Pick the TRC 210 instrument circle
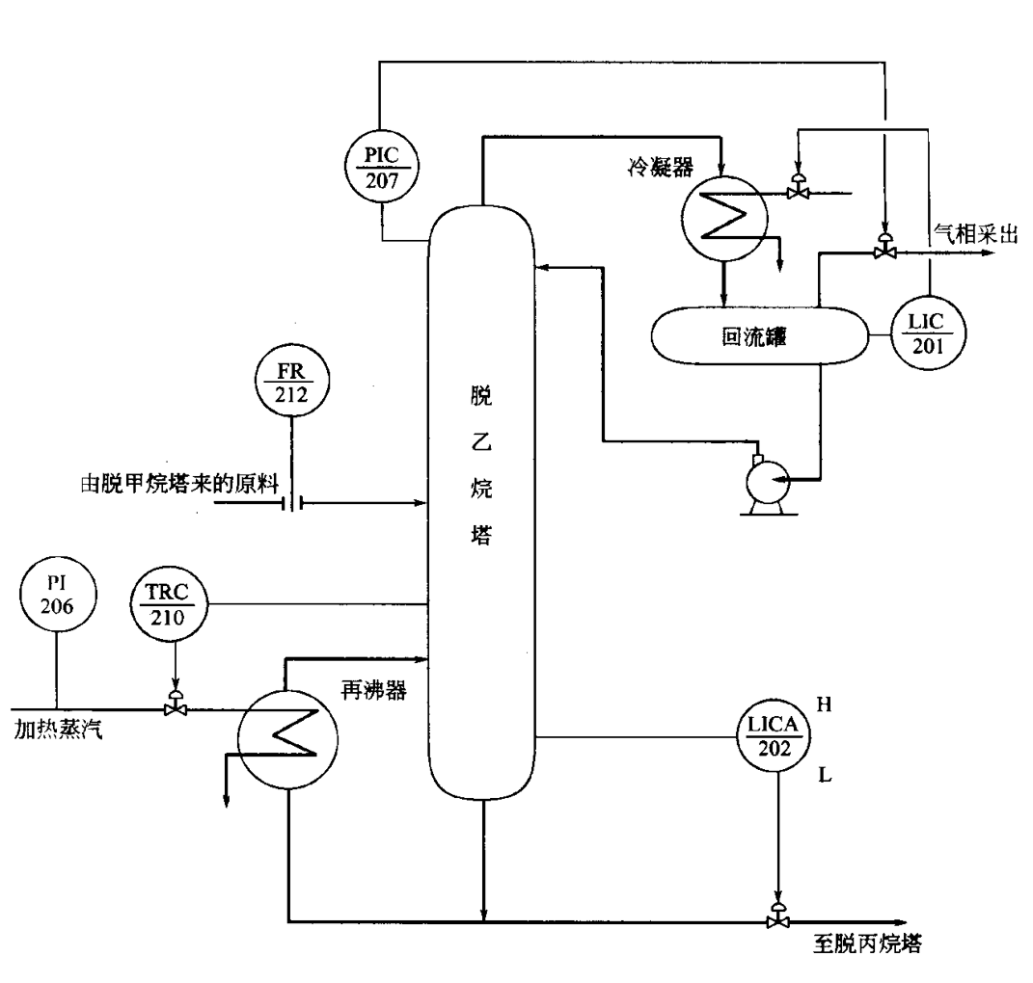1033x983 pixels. tap(175, 604)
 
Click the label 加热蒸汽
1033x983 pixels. tap(58, 729)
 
